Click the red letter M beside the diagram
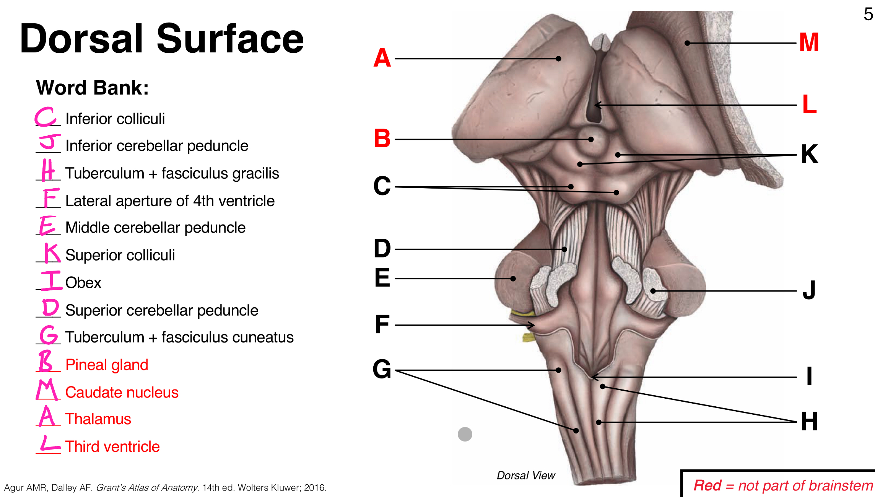[809, 42]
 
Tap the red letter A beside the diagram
[382, 58]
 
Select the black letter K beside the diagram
[809, 154]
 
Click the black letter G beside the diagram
[382, 370]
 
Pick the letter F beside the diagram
[382, 324]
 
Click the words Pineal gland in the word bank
[107, 365]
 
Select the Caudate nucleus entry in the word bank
[122, 392]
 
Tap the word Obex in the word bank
[83, 283]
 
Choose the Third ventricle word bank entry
[112, 446]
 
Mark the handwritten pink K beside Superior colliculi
[52, 253]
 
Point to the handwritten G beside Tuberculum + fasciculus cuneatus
[49, 335]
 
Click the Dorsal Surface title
[161, 39]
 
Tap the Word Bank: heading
[92, 88]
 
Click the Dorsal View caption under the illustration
[525, 476]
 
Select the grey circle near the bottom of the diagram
[465, 434]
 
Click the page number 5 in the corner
[868, 15]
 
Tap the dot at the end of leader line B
[591, 139]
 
